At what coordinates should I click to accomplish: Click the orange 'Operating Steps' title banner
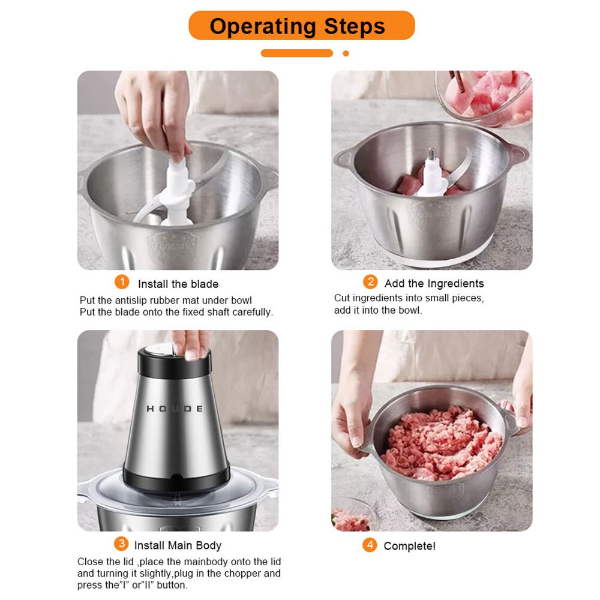[x=301, y=26]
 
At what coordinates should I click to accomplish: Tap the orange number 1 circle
[x=122, y=282]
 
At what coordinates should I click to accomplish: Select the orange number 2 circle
[x=370, y=282]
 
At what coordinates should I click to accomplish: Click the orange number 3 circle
[x=121, y=544]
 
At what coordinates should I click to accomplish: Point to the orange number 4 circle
[x=370, y=545]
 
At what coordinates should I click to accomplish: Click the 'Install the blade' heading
[x=178, y=284]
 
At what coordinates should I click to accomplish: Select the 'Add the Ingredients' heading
[x=434, y=283]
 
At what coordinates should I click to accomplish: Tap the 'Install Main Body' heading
[x=178, y=545]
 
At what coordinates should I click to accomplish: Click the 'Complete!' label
[x=409, y=546]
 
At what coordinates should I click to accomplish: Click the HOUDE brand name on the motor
[x=175, y=409]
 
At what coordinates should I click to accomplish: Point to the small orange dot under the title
[x=346, y=53]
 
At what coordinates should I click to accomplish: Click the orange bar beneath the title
[x=296, y=53]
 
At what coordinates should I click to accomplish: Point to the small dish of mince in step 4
[x=352, y=517]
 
